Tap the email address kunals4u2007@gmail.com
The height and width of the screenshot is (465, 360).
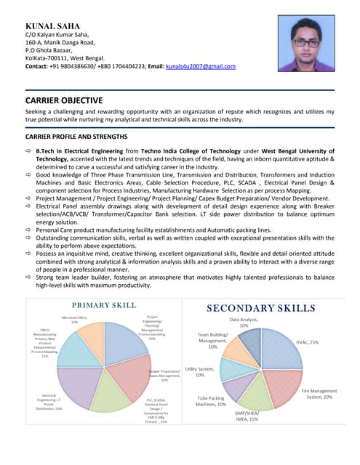200,66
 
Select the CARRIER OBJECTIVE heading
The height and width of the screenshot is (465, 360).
64,100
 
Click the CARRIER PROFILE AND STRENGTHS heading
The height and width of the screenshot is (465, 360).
76,137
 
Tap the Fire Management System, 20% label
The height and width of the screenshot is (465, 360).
319,394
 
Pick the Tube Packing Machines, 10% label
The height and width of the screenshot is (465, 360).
212,401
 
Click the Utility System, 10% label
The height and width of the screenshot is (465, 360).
199,371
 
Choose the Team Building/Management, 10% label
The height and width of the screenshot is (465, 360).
212,340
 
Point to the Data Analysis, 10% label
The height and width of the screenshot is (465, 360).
244,322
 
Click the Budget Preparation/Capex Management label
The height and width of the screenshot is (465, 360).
164,375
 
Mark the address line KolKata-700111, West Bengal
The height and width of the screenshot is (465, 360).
65,58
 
